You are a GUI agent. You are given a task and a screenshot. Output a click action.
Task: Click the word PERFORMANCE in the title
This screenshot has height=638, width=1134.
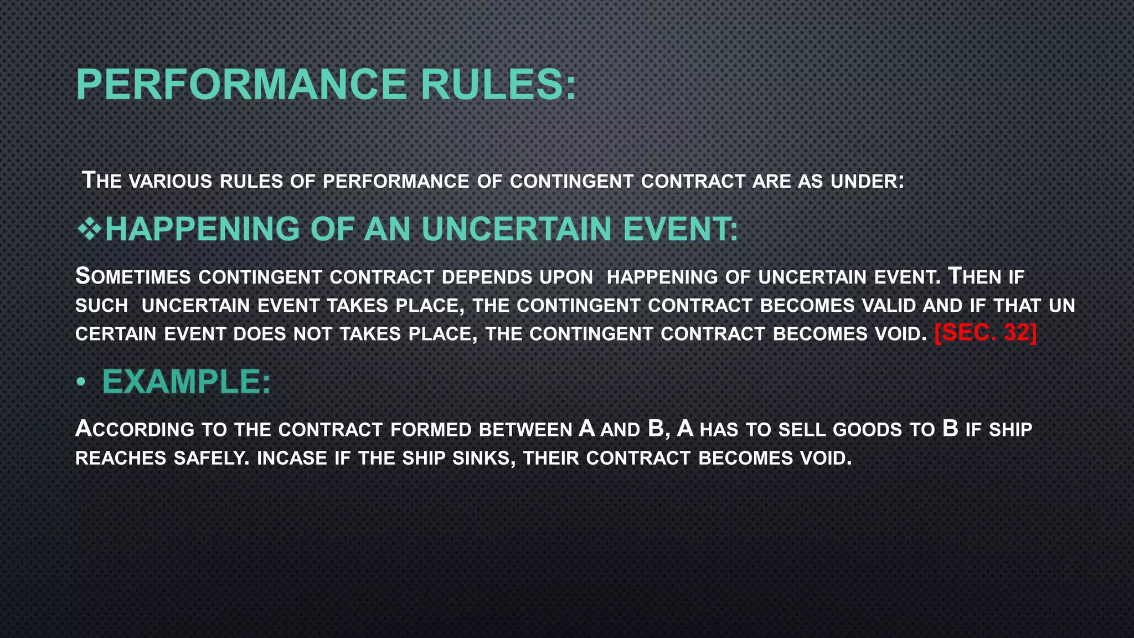click(x=241, y=84)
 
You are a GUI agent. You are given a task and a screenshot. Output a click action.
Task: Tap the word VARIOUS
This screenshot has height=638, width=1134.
click(x=170, y=182)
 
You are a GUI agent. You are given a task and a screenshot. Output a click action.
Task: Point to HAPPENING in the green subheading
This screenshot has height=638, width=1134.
click(x=202, y=229)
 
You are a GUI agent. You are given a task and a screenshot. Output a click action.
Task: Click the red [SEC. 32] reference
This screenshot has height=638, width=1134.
click(x=985, y=333)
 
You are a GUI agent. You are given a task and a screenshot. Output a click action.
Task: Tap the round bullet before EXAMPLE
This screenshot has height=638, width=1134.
click(x=81, y=382)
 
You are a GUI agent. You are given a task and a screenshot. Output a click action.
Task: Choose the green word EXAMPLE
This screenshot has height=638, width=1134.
click(x=186, y=382)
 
